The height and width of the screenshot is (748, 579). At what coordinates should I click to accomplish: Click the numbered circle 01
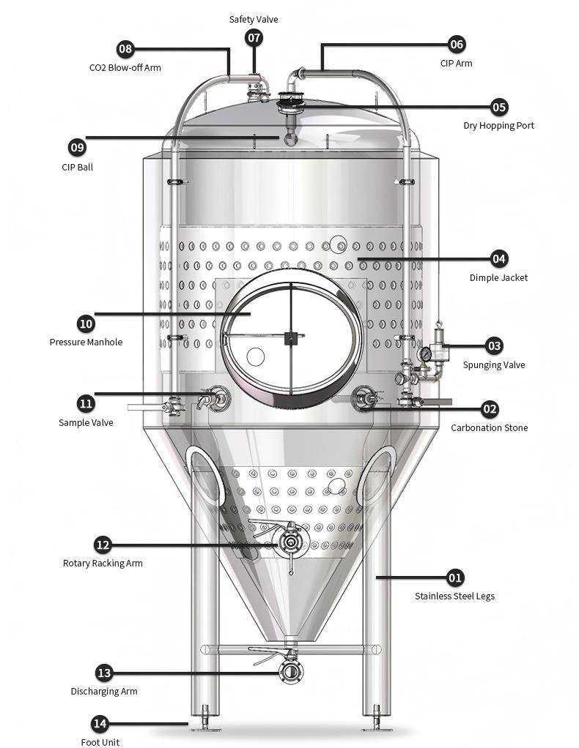click(455, 577)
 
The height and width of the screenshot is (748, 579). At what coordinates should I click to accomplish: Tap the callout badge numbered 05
click(498, 107)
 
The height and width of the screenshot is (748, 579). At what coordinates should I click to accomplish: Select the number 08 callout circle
click(125, 49)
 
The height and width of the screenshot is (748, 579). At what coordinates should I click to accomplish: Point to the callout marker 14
click(100, 724)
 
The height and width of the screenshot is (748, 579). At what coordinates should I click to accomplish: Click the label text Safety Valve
click(254, 19)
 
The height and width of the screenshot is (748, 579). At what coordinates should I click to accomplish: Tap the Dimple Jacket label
click(498, 277)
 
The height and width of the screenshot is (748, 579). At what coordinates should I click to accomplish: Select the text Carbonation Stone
click(489, 427)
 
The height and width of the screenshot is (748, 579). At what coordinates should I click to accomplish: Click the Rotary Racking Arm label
click(103, 563)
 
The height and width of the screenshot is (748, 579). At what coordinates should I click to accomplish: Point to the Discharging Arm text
click(104, 691)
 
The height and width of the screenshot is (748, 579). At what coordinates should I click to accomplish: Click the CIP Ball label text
click(77, 167)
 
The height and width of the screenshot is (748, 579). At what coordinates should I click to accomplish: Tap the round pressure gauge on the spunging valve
click(424, 354)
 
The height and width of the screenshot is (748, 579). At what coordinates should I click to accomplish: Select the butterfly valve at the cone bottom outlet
click(291, 671)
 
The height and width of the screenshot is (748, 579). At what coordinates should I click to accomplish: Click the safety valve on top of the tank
click(254, 91)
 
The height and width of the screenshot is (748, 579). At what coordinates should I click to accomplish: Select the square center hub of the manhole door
click(291, 337)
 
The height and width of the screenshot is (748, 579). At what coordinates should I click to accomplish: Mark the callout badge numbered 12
click(103, 545)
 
